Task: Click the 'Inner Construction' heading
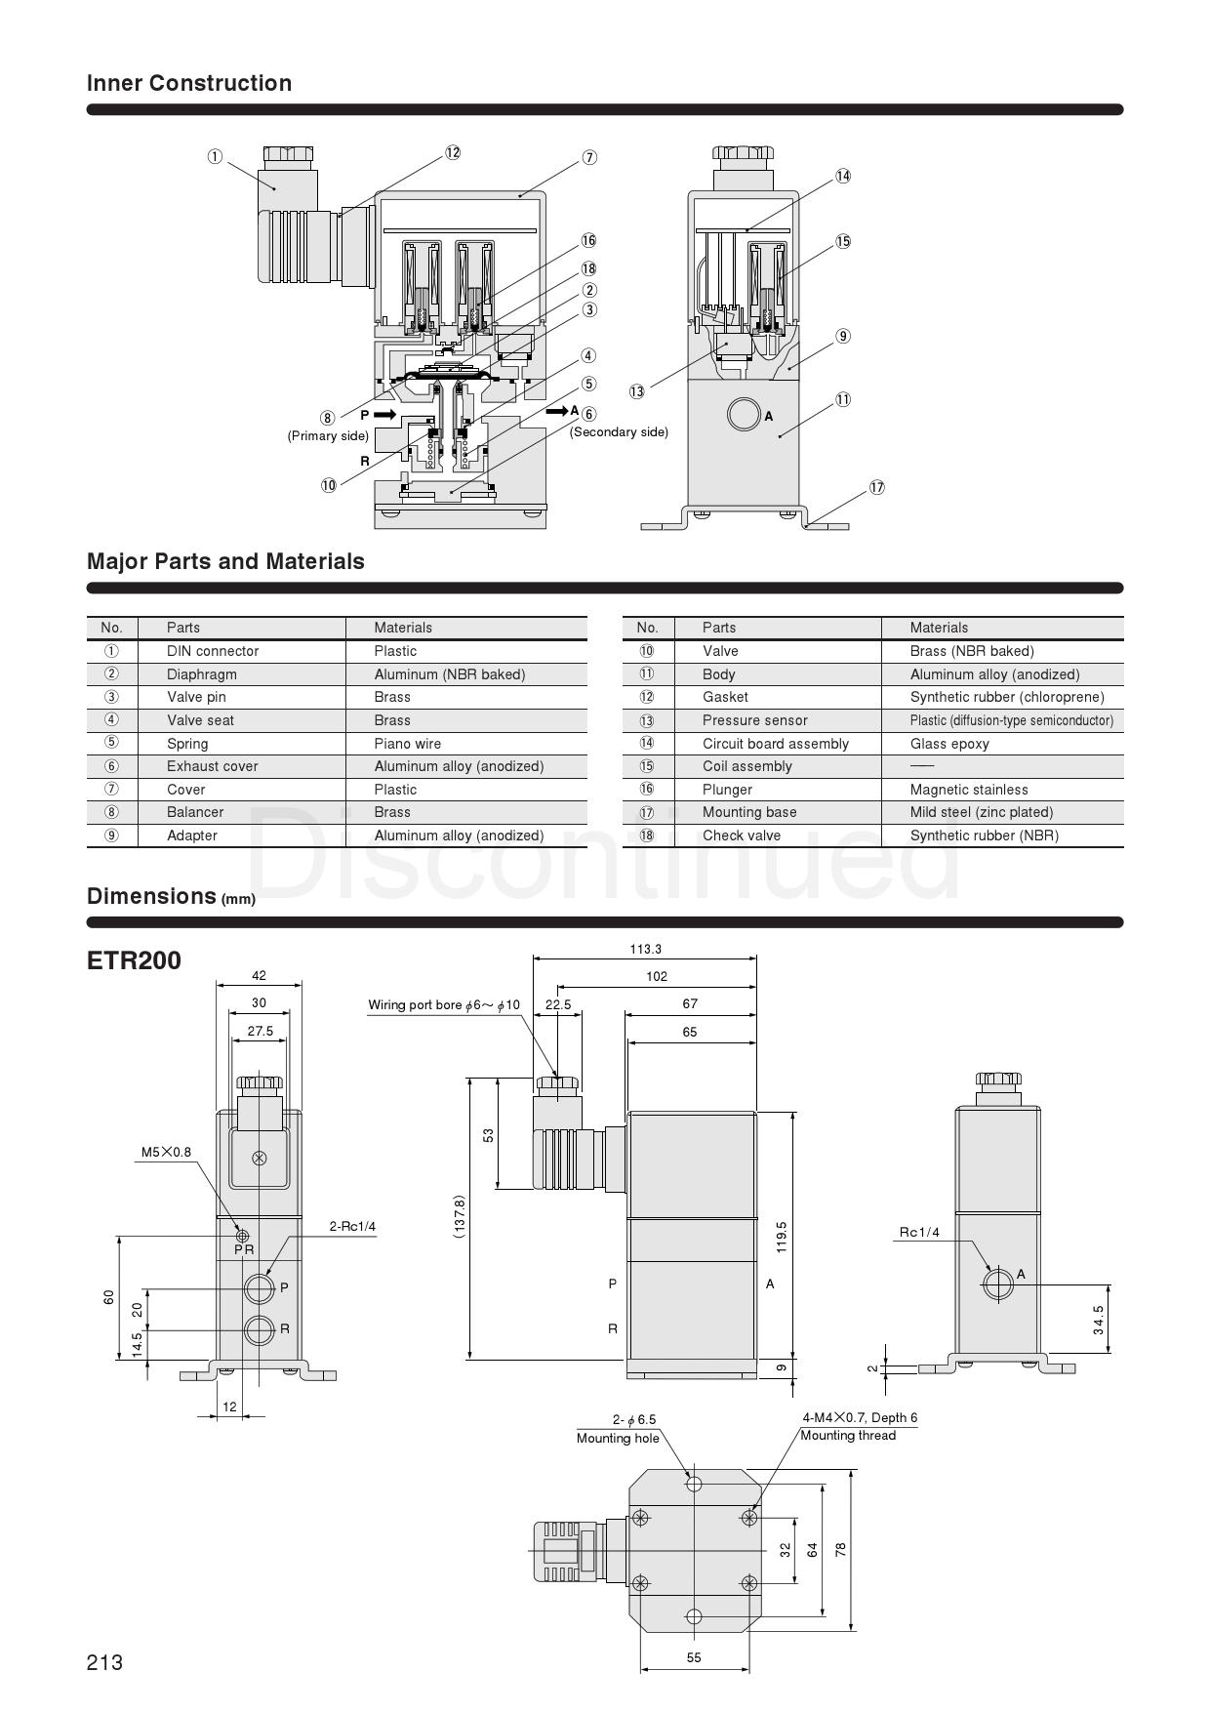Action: coord(189,83)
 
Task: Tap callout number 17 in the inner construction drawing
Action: coord(877,487)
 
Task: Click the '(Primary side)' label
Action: coord(328,436)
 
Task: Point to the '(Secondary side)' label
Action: coord(620,431)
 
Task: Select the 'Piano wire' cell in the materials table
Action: coord(408,744)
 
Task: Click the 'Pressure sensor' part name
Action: coord(755,720)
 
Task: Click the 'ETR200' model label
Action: coord(135,960)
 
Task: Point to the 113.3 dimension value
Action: coord(646,949)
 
